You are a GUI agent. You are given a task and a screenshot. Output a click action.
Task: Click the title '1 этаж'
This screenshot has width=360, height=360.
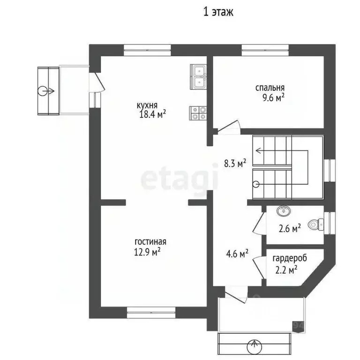tap(218, 12)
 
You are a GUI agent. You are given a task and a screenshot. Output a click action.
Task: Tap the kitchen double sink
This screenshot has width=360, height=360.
tap(198, 77)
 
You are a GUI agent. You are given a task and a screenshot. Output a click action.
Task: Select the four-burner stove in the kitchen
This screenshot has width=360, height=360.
tap(198, 113)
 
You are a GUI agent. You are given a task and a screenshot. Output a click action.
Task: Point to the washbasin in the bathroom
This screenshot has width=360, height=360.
tap(284, 211)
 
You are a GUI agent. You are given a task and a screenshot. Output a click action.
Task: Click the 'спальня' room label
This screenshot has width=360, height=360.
tap(270, 88)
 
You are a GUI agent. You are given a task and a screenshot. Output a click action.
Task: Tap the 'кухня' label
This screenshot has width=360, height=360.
tap(147, 105)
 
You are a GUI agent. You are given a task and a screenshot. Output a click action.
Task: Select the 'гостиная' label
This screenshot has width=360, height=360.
tap(150, 242)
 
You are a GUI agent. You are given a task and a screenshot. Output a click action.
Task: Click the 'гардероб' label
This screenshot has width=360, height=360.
tap(290, 258)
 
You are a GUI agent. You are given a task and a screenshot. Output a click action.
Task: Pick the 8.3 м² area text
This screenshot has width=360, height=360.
tap(235, 163)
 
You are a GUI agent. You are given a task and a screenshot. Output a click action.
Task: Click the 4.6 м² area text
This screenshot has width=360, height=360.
tap(237, 254)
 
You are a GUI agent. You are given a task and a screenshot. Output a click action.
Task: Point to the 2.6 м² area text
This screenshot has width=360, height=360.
tap(290, 228)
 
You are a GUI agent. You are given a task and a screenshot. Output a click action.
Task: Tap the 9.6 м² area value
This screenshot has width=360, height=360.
tap(274, 98)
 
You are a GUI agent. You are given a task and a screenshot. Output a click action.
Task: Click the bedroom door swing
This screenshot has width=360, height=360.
tap(229, 127)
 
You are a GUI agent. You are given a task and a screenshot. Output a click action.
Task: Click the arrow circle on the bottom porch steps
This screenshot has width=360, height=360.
tap(254, 346)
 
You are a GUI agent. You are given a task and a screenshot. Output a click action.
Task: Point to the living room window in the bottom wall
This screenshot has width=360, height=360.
tap(151, 313)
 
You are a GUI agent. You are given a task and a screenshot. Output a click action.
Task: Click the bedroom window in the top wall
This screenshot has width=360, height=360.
tap(265, 50)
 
